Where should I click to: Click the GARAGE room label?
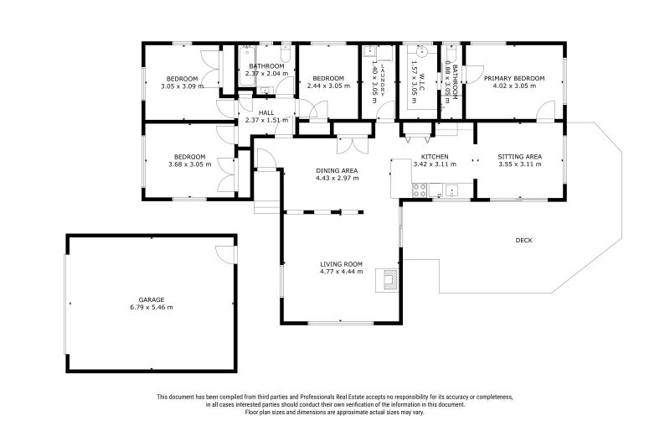click(151, 299)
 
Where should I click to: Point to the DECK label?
click(523, 241)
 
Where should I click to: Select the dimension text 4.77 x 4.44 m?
click(341, 272)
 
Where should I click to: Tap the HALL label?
click(266, 112)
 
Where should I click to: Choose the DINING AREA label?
click(337, 170)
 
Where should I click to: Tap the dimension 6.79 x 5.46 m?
click(151, 307)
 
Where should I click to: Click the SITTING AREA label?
click(519, 157)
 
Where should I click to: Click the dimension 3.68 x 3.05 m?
click(189, 164)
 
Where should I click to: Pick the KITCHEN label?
click(435, 157)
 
